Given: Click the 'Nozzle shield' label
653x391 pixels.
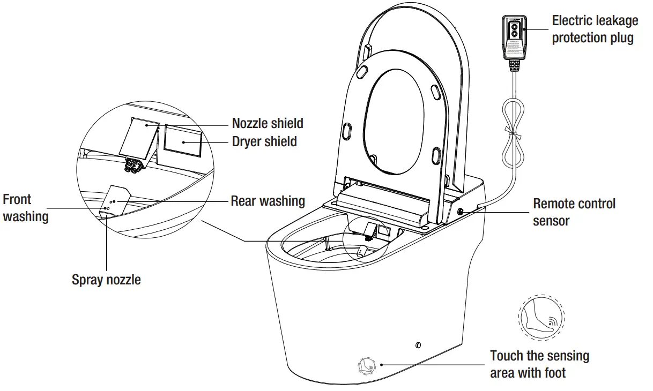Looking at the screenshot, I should click(x=267, y=123).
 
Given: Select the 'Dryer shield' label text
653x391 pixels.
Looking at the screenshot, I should click(x=264, y=141).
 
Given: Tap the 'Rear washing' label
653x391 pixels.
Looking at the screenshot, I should click(x=268, y=201).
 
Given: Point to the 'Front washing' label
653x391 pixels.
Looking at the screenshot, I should click(x=25, y=208).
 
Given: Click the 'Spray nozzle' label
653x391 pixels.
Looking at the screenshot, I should click(x=106, y=279).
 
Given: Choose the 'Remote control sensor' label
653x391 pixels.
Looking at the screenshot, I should click(x=574, y=212).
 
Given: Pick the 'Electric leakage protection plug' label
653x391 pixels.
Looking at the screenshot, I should click(x=595, y=29).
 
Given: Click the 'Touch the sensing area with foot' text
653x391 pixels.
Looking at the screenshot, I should click(x=539, y=364).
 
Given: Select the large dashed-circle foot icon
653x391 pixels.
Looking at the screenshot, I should click(x=541, y=318).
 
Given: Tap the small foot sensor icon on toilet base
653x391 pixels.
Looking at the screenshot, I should click(x=366, y=365).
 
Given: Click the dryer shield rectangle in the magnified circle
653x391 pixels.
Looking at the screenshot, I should click(x=183, y=142).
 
